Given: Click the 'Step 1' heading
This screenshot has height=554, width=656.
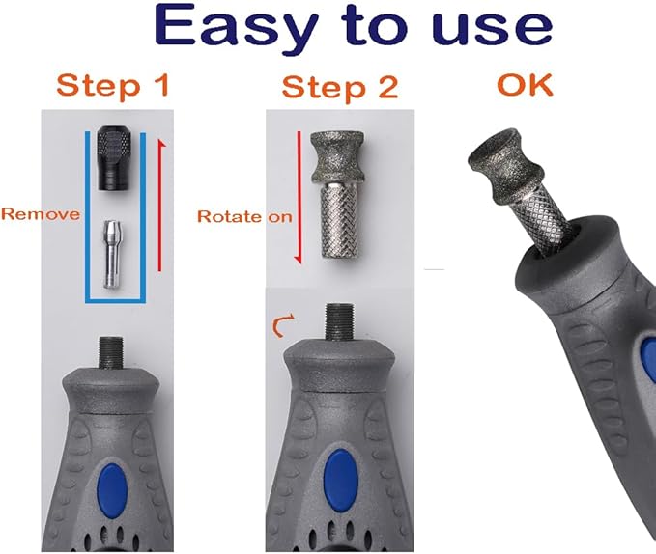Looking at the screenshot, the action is pyautogui.click(x=112, y=85).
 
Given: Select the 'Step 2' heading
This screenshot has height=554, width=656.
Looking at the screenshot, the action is pyautogui.click(x=340, y=87).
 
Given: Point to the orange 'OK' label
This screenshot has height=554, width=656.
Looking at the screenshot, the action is pyautogui.click(x=525, y=85).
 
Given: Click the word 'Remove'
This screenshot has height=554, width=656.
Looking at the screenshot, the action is pyautogui.click(x=41, y=214).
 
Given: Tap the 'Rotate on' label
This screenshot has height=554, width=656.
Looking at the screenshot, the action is pyautogui.click(x=244, y=216).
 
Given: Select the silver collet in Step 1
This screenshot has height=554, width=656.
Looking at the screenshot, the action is pyautogui.click(x=110, y=255).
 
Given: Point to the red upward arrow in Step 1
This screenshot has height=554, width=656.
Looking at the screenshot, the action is pyautogui.click(x=159, y=206).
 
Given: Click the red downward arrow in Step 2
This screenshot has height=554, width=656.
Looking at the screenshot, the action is pyautogui.click(x=299, y=197).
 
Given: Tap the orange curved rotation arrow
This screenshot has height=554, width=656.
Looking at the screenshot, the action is pyautogui.click(x=282, y=326).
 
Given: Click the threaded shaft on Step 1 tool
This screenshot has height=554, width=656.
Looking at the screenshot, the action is pyautogui.click(x=111, y=352).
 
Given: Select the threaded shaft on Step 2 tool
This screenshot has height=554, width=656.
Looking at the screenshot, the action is pyautogui.click(x=340, y=321).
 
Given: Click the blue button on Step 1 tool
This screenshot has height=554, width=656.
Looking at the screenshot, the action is pyautogui.click(x=112, y=488).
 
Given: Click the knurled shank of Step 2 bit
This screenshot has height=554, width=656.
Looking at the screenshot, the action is pyautogui.click(x=339, y=220).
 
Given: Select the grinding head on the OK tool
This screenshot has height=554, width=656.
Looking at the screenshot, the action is pyautogui.click(x=506, y=166).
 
